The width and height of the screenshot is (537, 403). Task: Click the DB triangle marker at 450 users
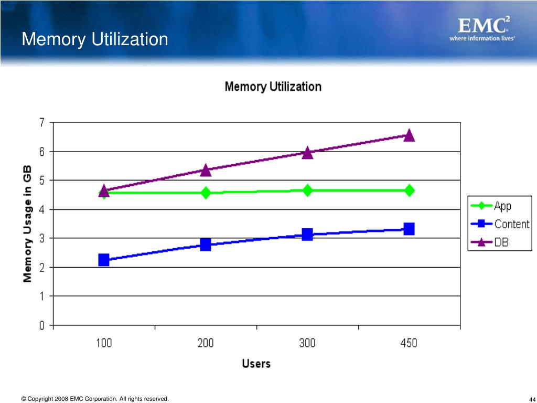(409, 135)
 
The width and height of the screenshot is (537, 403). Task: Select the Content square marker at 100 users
(104, 260)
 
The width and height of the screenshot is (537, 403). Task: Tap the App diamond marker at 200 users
(206, 193)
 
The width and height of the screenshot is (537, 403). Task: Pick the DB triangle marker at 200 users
(206, 170)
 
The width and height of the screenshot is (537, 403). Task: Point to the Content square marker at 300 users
(307, 234)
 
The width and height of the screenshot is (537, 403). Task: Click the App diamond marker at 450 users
(409, 190)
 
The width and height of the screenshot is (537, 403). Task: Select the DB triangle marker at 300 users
(307, 153)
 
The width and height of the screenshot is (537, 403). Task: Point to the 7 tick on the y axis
(41, 123)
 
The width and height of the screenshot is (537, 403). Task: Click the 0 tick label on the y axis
(41, 325)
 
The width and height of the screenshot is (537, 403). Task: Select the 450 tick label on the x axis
(409, 343)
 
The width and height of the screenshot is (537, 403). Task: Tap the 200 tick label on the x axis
(206, 343)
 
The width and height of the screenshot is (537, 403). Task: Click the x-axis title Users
(256, 363)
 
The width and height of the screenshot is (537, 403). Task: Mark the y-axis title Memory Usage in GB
(27, 224)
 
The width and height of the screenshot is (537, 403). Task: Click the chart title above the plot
(273, 87)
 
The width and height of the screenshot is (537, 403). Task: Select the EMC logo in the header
(482, 29)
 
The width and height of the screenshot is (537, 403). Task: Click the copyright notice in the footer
(95, 399)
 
